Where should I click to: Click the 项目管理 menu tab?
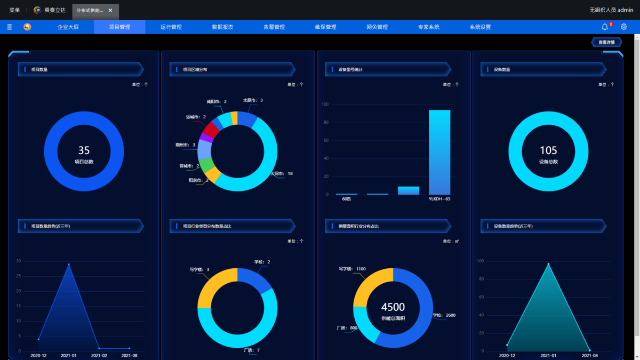119,27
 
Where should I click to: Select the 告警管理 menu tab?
274,27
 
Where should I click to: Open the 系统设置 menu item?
480,27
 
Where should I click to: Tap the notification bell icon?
605,27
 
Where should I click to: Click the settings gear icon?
623,27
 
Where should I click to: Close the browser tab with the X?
110,10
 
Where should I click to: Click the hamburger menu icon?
10,27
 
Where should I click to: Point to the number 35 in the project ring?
84,151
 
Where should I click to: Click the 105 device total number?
548,151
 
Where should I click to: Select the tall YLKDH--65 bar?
439,152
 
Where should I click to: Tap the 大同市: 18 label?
282,174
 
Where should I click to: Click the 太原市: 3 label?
253,100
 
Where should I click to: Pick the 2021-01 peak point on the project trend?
69,264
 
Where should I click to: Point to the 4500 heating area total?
393,307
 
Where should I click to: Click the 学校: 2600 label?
444,315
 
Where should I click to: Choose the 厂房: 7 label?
251,350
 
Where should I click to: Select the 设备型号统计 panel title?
350,69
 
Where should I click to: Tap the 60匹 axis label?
347,199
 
